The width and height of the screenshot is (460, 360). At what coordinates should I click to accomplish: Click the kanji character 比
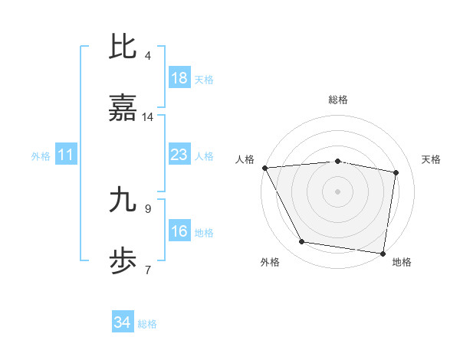tap(123, 47)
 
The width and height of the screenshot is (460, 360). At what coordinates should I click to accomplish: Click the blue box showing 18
tap(179, 78)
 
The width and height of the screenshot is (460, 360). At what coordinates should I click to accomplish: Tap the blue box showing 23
tap(179, 155)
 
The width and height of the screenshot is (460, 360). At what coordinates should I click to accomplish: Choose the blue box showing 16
tap(179, 231)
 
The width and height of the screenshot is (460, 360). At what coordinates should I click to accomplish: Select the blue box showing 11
tap(66, 155)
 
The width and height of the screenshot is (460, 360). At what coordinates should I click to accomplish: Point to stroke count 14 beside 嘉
tap(148, 117)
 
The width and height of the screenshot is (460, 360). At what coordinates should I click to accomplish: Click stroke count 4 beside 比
tap(148, 55)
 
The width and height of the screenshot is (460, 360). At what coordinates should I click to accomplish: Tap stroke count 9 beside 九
tap(148, 208)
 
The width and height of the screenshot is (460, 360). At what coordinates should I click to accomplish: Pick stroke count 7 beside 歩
tap(148, 270)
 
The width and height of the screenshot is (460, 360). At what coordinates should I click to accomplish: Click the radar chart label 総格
tap(338, 100)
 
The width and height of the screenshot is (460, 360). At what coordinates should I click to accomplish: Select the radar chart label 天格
tap(432, 159)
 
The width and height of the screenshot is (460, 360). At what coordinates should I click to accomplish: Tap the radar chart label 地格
tap(402, 262)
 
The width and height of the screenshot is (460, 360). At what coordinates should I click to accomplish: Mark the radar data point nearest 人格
tap(264, 168)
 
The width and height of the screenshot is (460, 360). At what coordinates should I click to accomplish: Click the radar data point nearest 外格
tap(302, 243)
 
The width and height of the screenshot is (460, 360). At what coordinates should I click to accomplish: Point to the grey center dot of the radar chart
tap(338, 191)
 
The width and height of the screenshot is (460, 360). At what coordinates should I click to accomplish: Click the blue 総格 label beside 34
tap(147, 323)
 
